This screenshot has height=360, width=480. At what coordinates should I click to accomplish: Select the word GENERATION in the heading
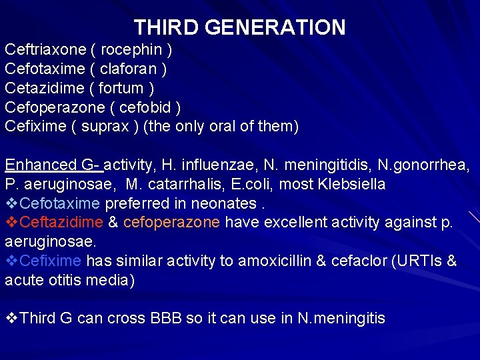[x=275, y=27]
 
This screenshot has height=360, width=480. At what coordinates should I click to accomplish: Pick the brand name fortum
[x=119, y=88]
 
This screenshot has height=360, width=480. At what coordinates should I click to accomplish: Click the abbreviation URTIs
[x=418, y=261]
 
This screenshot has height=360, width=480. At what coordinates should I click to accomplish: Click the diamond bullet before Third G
[x=11, y=319]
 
